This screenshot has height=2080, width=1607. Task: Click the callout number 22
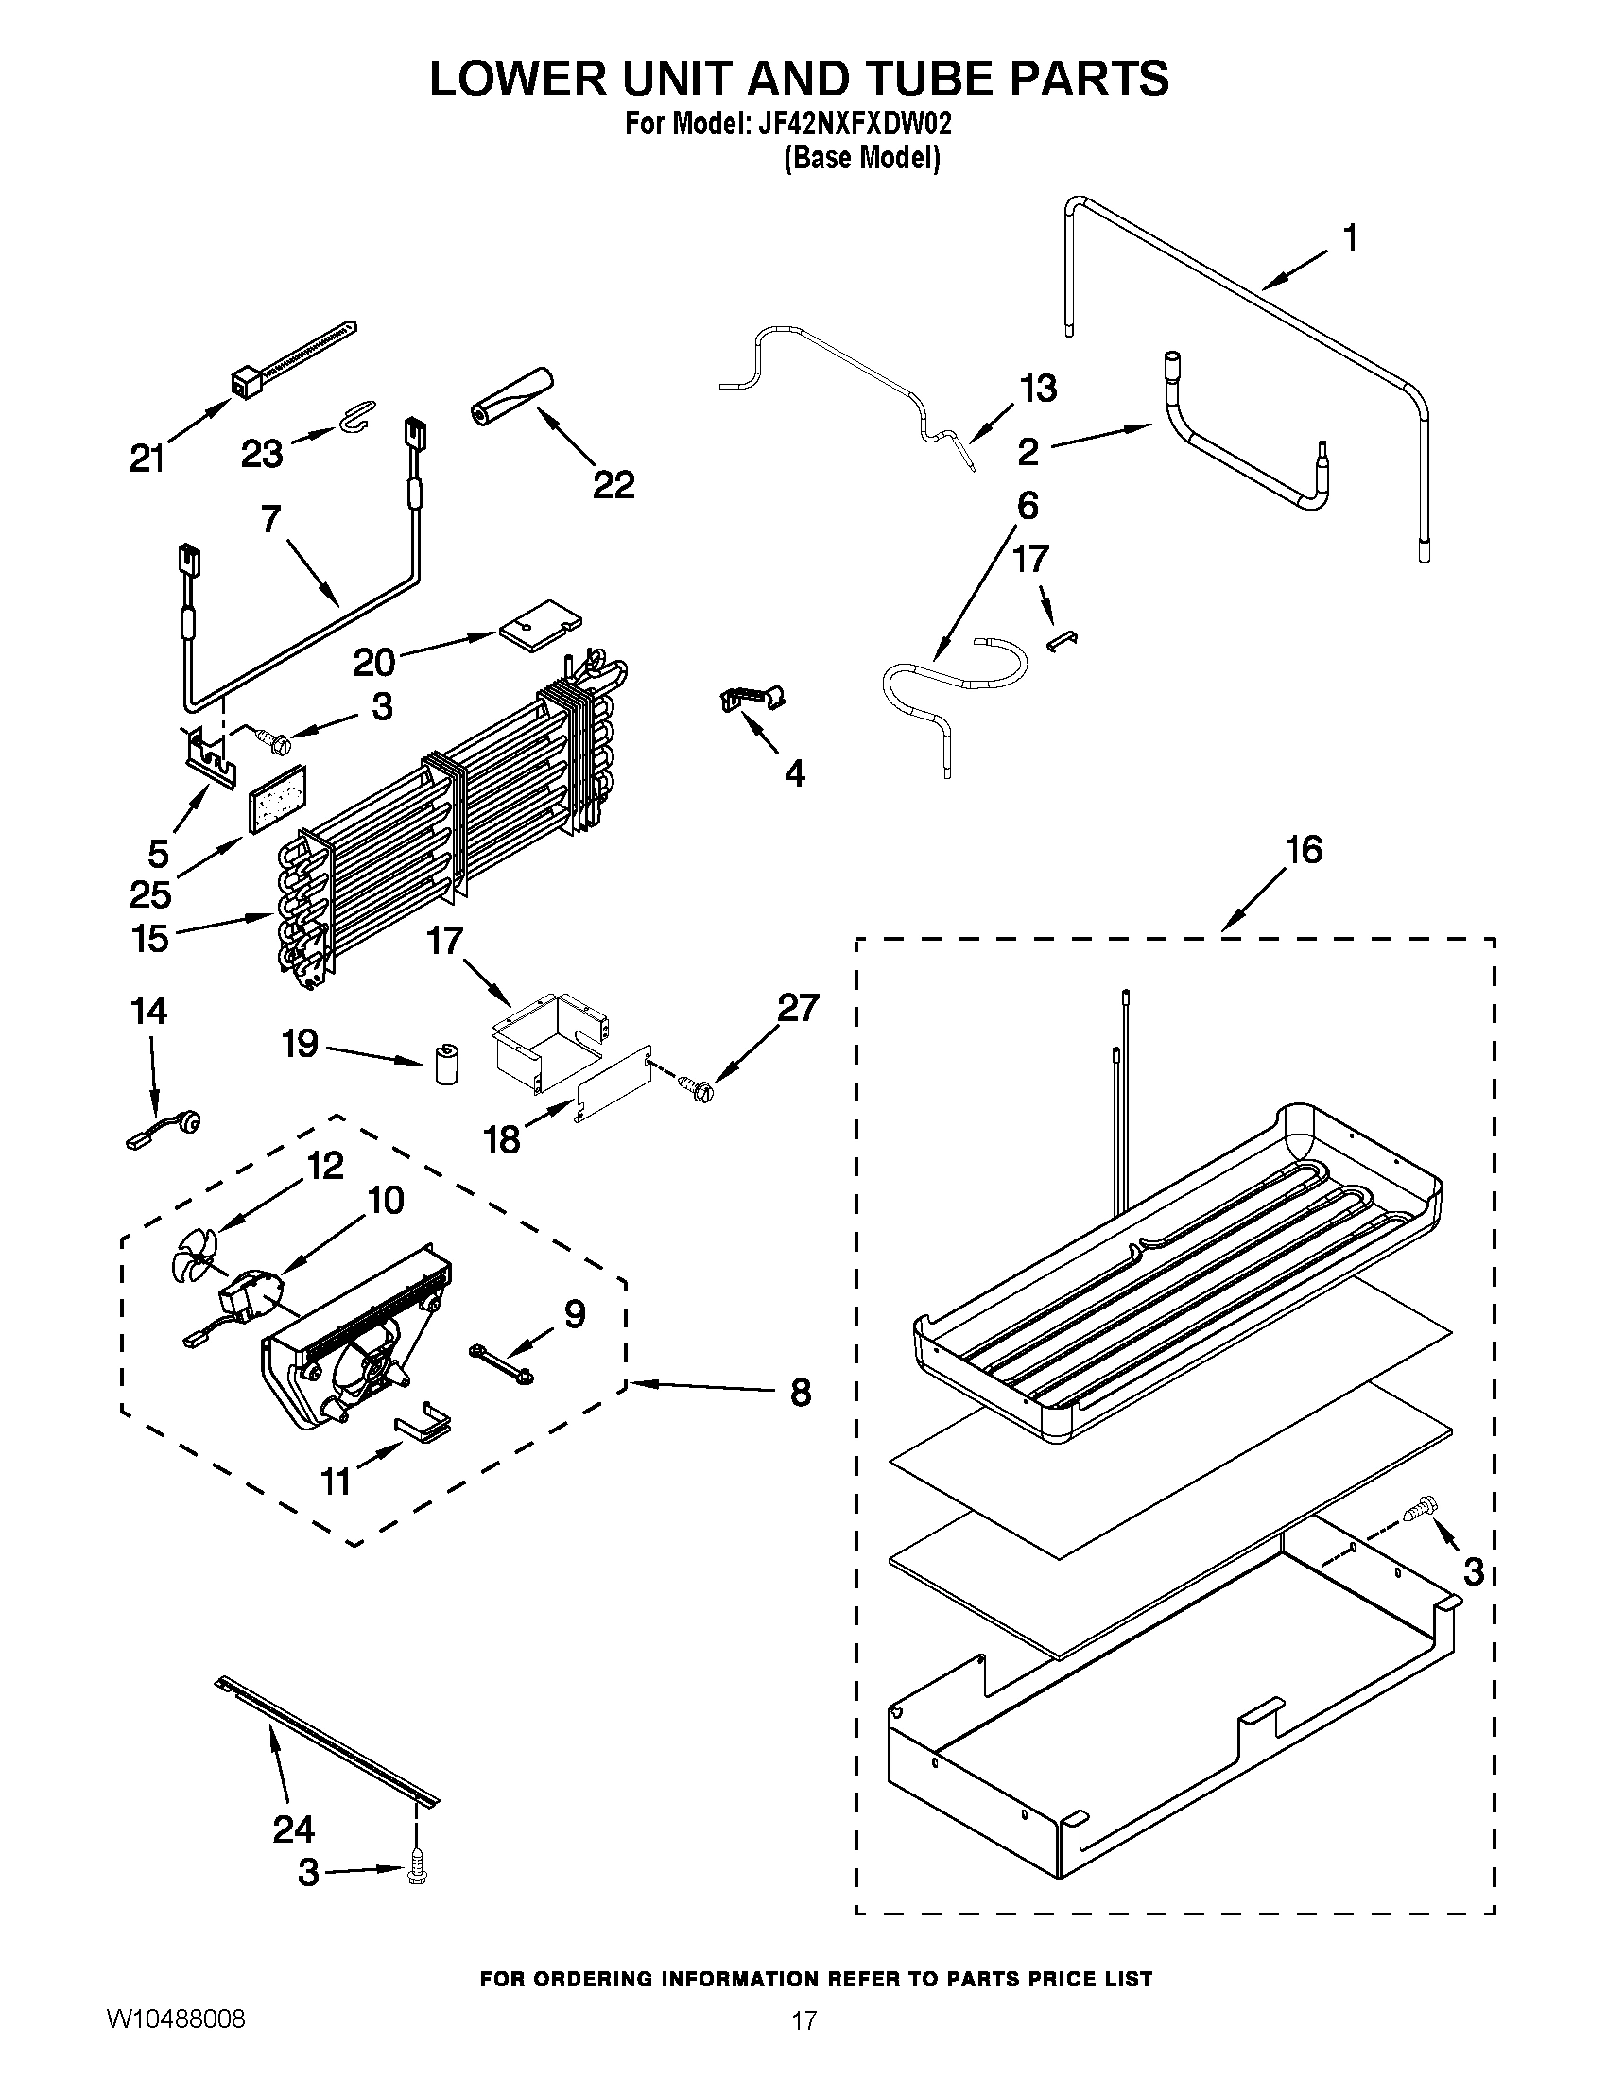[x=613, y=486]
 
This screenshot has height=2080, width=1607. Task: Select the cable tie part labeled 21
[x=285, y=361]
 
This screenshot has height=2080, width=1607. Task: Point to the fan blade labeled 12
[x=193, y=1264]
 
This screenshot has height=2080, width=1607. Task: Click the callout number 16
[x=1304, y=850]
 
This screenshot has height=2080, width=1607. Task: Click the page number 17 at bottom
[x=804, y=2019]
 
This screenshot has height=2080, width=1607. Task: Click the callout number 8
[x=801, y=1393]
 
